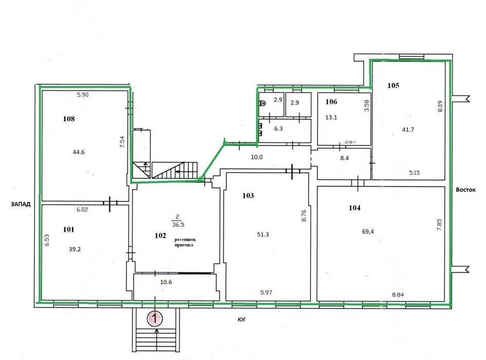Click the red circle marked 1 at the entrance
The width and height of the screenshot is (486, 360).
(x=155, y=318)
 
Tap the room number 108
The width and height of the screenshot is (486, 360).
(x=69, y=119)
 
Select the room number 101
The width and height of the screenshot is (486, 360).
(x=68, y=229)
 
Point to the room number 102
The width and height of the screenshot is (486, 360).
(x=160, y=236)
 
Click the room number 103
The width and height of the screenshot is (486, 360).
(x=248, y=195)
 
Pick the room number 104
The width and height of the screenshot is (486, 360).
(x=354, y=208)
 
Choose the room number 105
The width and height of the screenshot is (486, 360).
(x=393, y=85)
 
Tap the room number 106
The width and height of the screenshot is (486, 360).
(x=331, y=101)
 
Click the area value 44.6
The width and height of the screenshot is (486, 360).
(x=79, y=152)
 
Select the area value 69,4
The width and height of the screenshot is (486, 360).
(x=368, y=231)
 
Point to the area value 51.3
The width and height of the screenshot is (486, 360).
(x=263, y=235)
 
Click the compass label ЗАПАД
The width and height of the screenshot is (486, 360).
(x=21, y=204)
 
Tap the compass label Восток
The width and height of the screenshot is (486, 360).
(x=465, y=190)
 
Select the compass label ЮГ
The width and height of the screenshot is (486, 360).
(x=242, y=319)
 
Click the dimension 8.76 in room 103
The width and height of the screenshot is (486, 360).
(x=304, y=215)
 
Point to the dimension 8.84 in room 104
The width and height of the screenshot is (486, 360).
(x=398, y=295)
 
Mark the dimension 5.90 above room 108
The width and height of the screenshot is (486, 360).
(x=83, y=95)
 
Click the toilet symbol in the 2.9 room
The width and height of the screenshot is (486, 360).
(x=262, y=103)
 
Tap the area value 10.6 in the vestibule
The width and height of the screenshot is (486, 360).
(x=166, y=282)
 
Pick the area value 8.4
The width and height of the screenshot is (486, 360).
(x=345, y=158)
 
